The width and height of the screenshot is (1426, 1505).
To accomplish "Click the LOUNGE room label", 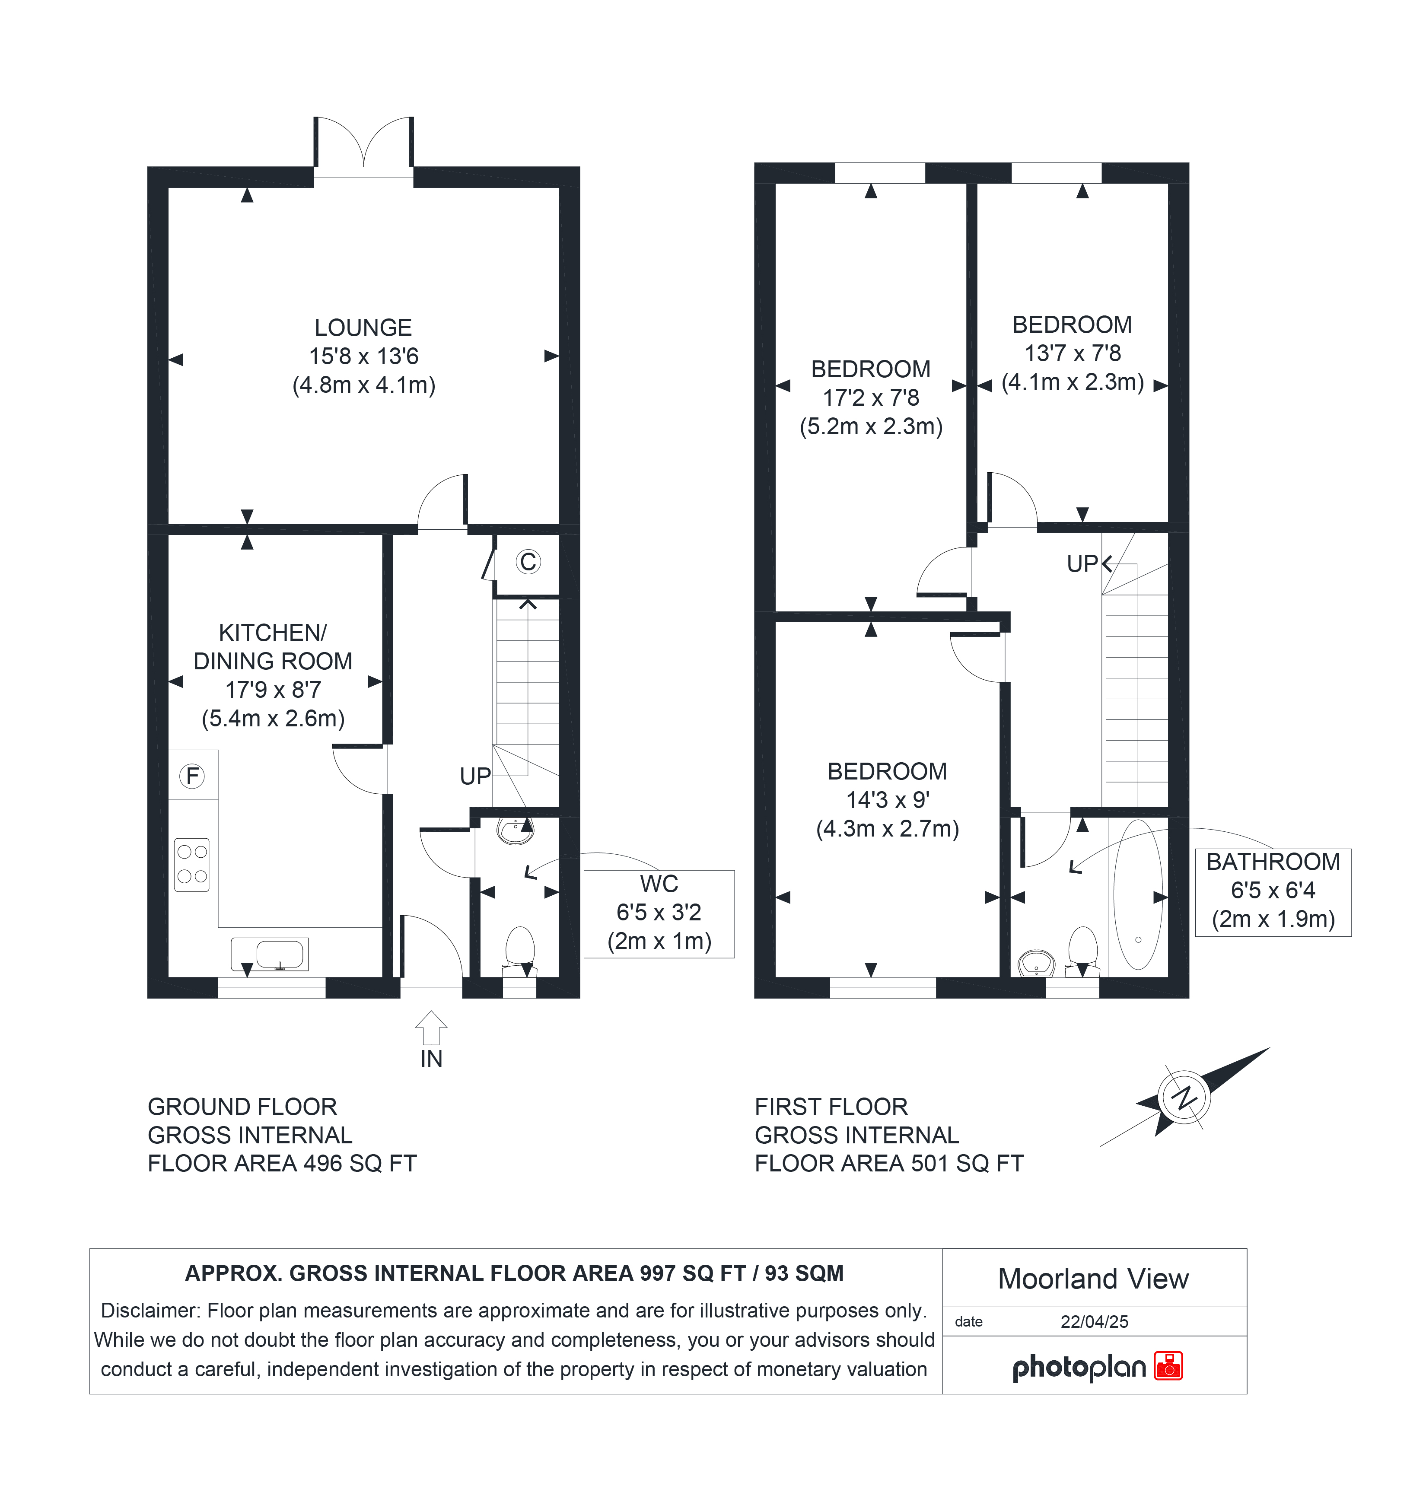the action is [363, 328].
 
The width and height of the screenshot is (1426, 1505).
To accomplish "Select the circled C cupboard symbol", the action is [528, 562].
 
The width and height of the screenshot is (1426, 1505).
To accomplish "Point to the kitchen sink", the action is [270, 954].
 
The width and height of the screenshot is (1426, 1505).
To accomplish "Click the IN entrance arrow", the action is [431, 1028].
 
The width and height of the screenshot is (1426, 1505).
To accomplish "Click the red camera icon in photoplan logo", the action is [1168, 1366].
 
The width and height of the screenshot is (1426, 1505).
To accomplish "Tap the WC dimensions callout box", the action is [659, 913].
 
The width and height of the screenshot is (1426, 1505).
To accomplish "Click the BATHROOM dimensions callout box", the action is [1273, 891].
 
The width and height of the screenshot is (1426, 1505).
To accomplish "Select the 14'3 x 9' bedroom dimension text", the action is [888, 800].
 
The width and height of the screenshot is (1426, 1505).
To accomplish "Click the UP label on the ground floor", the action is [475, 776].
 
